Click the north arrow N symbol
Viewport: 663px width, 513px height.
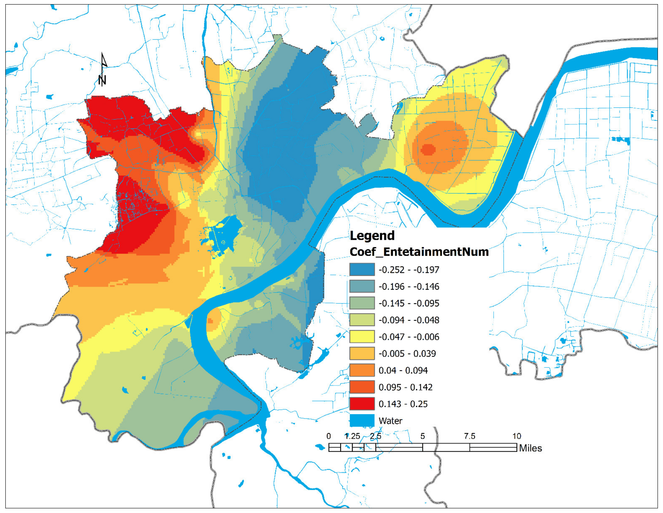tap(102, 80)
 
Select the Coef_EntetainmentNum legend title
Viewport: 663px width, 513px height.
tap(419, 252)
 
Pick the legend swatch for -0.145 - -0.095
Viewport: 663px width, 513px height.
tap(362, 303)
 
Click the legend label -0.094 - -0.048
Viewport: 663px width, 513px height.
tap(409, 320)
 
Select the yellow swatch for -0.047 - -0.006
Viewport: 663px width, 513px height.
tap(362, 337)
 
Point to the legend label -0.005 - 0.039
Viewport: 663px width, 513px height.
tap(407, 354)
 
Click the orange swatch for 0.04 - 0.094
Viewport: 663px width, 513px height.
tap(362, 370)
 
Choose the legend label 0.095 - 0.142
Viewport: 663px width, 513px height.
tap(405, 387)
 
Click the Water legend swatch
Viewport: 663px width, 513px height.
tap(362, 421)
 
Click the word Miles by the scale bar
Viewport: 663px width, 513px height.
tap(530, 448)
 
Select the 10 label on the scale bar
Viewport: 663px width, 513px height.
tap(517, 436)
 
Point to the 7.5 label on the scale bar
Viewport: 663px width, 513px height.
tap(469, 436)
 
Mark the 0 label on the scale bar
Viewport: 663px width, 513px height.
tap(329, 436)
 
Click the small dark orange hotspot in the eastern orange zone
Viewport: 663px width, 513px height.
tap(428, 149)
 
